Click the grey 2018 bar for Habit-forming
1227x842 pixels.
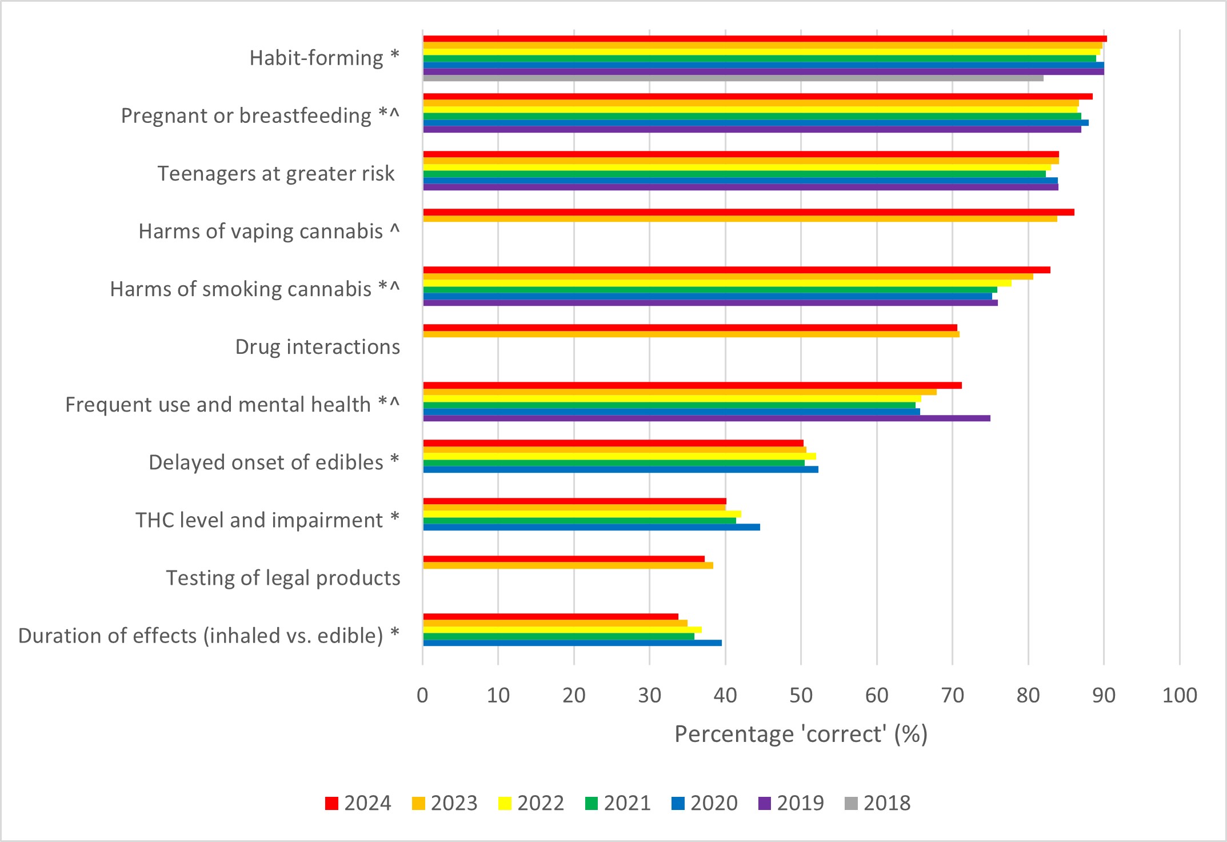pyautogui.click(x=733, y=78)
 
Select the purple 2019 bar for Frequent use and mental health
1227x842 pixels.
pyautogui.click(x=707, y=418)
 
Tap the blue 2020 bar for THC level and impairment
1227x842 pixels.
pyautogui.click(x=591, y=527)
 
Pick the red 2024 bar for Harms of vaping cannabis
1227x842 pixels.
pyautogui.click(x=749, y=212)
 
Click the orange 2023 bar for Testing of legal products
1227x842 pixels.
pyautogui.click(x=568, y=565)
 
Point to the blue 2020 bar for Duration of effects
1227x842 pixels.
pyautogui.click(x=573, y=643)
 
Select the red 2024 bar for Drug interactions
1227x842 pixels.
pyautogui.click(x=690, y=328)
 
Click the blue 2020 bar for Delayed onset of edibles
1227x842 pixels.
pyautogui.click(x=621, y=469)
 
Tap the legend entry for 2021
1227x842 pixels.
pyautogui.click(x=618, y=803)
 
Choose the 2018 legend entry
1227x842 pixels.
pyautogui.click(x=877, y=803)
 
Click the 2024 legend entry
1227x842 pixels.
pyautogui.click(x=358, y=803)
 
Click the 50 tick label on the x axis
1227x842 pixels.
pyautogui.click(x=801, y=695)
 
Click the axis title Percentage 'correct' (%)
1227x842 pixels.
pyautogui.click(x=801, y=734)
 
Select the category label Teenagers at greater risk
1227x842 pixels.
pyautogui.click(x=276, y=173)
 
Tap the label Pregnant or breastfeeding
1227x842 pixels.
pyautogui.click(x=246, y=115)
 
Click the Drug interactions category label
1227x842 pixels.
pyautogui.click(x=318, y=346)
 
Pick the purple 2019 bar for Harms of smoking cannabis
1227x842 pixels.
pyautogui.click(x=710, y=303)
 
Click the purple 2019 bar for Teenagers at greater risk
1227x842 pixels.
pyautogui.click(x=741, y=187)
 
